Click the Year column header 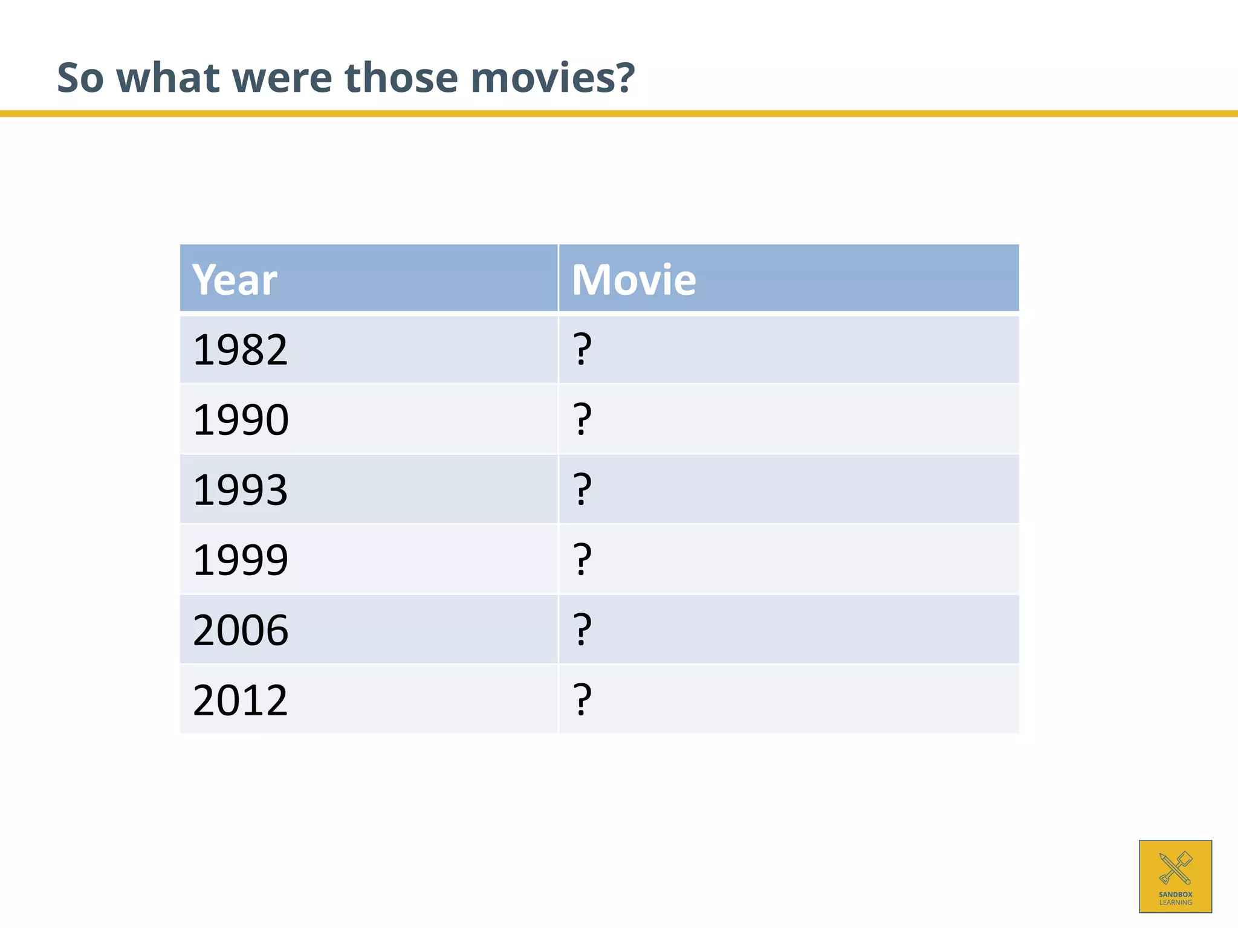235,280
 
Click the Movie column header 634,280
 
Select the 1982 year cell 240,350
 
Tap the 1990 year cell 241,420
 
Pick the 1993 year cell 240,489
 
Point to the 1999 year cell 240,559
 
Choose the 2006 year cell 241,630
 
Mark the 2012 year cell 240,700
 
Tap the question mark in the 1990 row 582,419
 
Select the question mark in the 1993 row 582,489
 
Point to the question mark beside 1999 582,559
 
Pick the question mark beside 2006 582,630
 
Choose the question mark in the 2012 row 582,700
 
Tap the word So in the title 80,78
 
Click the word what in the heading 167,78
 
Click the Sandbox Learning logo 1175,876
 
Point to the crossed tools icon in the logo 1175,868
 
